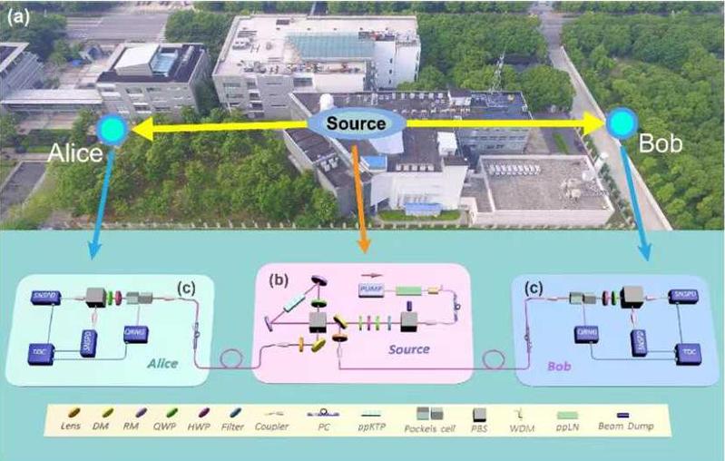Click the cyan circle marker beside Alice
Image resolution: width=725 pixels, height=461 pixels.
[x=118, y=130]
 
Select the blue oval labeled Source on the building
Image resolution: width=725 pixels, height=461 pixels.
[x=357, y=124]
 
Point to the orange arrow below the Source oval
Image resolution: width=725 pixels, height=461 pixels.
[x=360, y=195]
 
